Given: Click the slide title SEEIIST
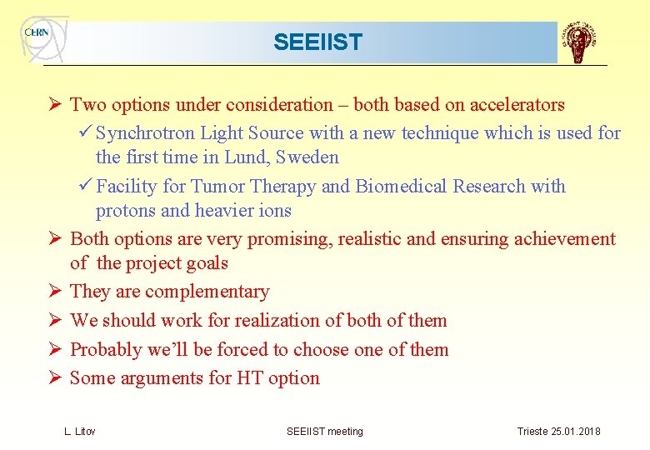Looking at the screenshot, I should (317, 42).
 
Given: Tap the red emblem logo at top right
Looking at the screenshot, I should (581, 43).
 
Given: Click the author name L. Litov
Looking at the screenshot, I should (80, 432).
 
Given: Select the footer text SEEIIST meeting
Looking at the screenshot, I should (324, 432).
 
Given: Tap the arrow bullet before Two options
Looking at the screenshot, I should (52, 105).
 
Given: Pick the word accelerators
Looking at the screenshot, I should (517, 105).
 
